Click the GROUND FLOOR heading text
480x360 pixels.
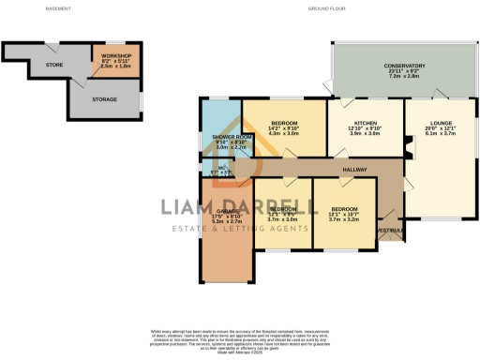(x=325, y=8)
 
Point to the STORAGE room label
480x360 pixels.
(x=105, y=98)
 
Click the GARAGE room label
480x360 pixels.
(x=223, y=209)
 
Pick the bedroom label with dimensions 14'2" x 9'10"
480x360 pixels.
(x=283, y=125)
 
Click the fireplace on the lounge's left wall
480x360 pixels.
(x=406, y=144)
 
